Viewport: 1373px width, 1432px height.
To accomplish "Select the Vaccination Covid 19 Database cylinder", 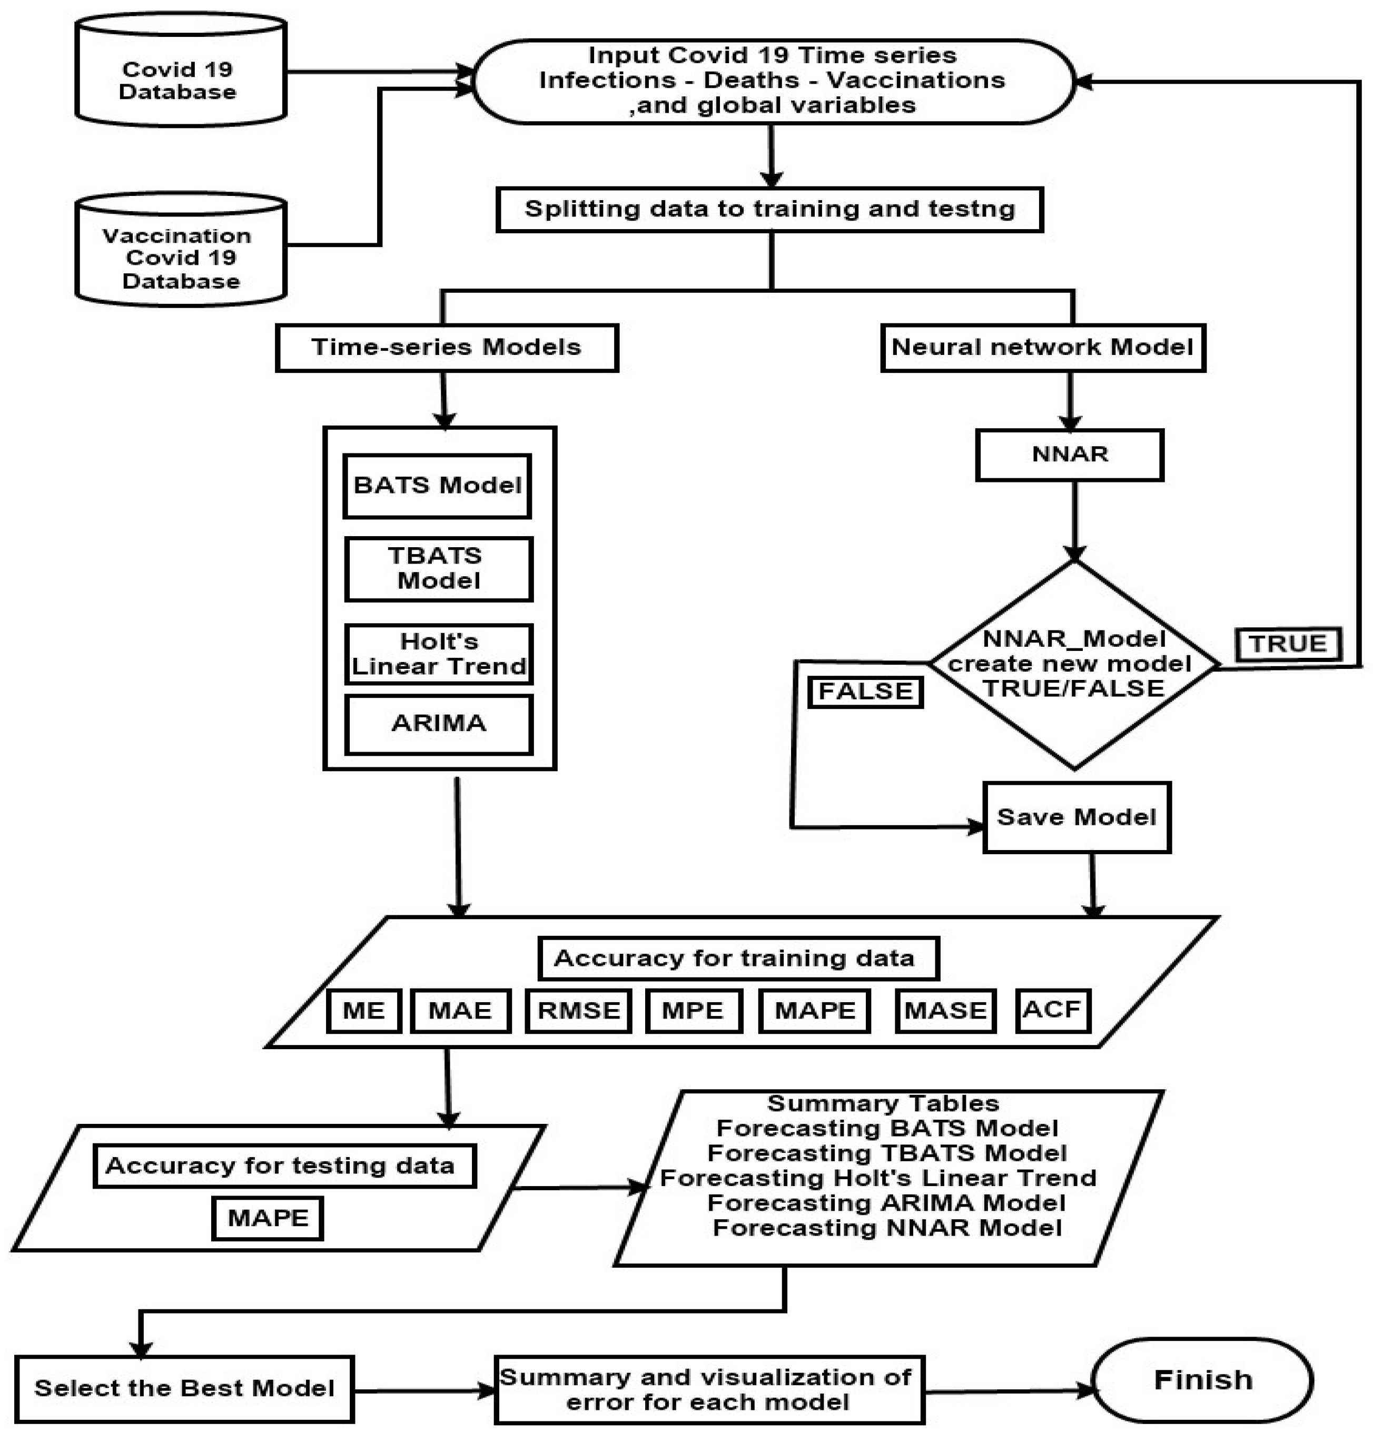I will click(x=181, y=257).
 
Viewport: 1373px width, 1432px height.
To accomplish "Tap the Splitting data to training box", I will click(x=769, y=210).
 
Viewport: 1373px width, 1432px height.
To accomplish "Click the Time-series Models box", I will click(x=447, y=348).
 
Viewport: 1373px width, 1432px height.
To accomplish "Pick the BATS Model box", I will click(x=437, y=486).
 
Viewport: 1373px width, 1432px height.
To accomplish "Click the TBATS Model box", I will click(x=438, y=569).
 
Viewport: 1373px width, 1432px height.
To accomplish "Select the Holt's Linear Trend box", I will click(x=438, y=654).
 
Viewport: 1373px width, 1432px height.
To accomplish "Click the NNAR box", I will click(x=1069, y=455).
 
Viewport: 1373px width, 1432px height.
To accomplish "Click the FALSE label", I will click(x=865, y=691).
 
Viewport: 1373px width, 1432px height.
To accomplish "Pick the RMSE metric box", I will click(x=578, y=1011).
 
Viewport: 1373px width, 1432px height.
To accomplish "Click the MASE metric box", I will click(x=945, y=1011).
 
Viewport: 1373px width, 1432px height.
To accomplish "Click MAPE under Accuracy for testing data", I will click(x=268, y=1218).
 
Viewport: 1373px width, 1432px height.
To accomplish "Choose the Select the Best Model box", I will click(x=184, y=1388).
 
